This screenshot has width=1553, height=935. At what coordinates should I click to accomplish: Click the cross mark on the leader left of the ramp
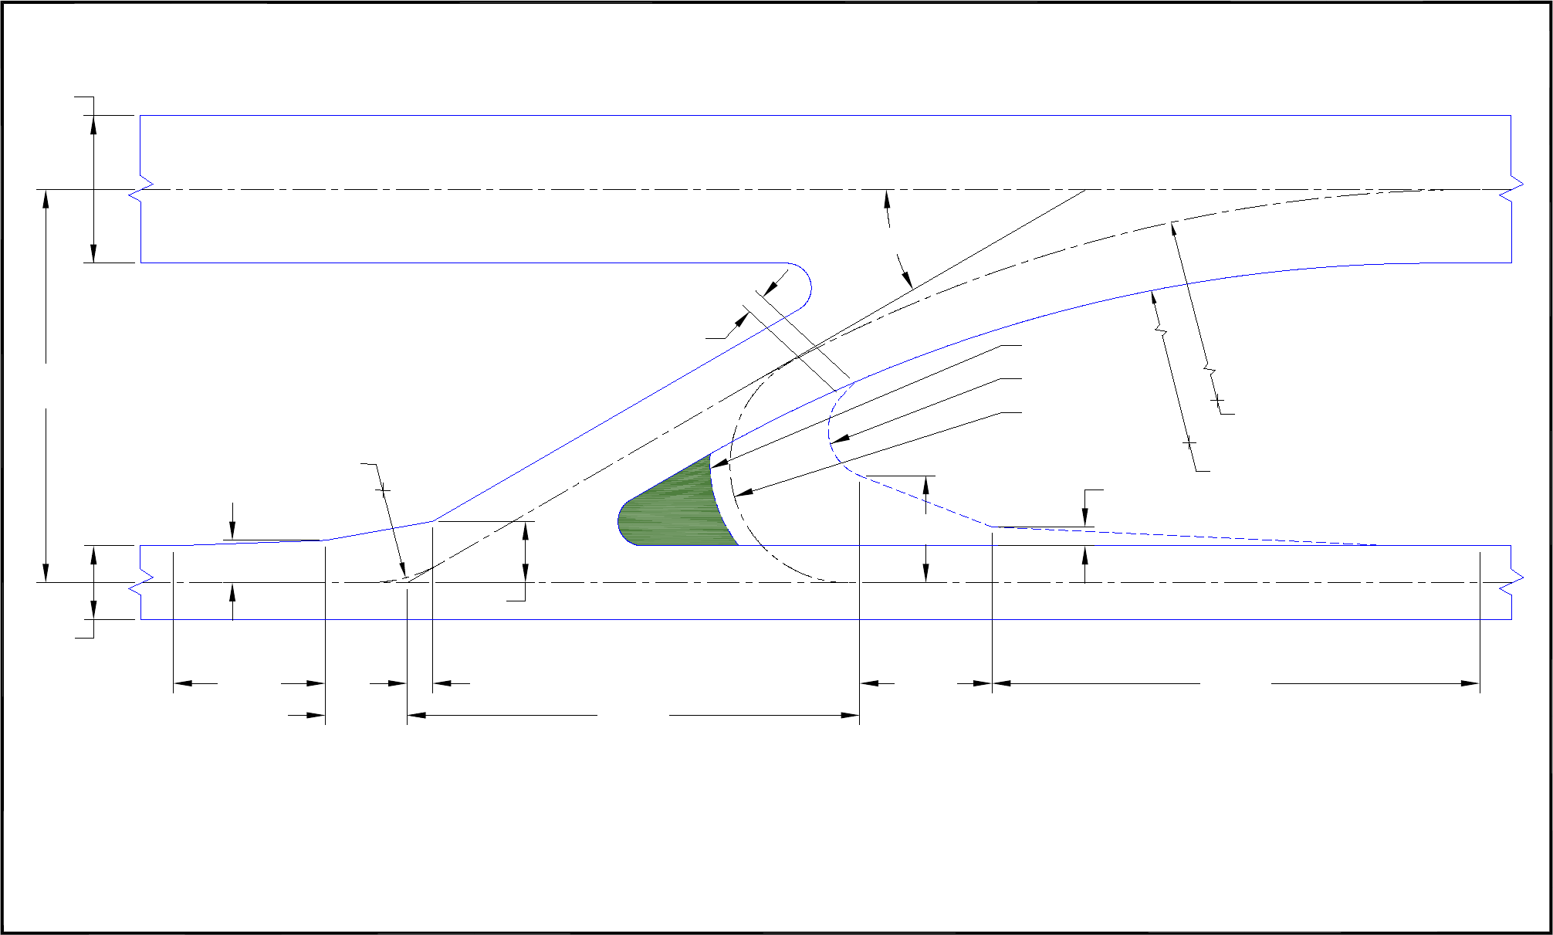[383, 490]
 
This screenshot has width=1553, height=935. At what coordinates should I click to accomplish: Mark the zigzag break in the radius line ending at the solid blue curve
[1160, 332]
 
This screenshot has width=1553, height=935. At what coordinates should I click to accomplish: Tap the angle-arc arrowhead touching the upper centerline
[887, 197]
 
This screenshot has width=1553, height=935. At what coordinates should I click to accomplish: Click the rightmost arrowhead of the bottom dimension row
[1471, 683]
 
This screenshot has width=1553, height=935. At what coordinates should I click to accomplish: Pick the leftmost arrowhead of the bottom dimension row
[182, 683]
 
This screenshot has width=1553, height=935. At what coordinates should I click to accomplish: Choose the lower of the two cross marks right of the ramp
[1189, 442]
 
